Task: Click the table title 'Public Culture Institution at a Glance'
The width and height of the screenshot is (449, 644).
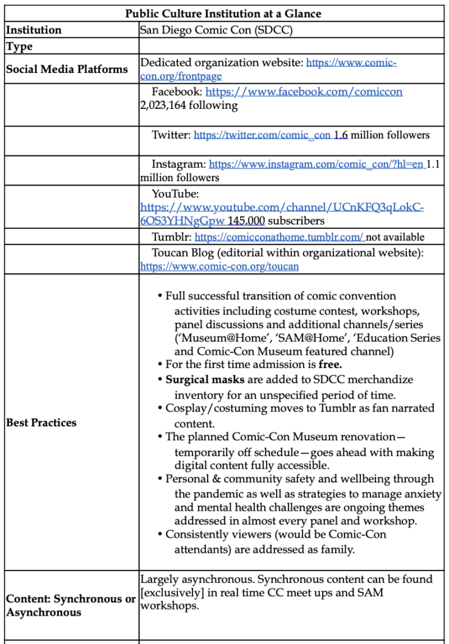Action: coord(224,14)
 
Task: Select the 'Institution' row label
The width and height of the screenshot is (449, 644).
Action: coord(34,30)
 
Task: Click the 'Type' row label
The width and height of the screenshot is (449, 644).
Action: coord(19,46)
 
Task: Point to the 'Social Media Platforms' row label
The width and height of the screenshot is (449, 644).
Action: coord(67,69)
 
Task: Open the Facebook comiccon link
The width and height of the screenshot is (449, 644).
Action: coord(304,92)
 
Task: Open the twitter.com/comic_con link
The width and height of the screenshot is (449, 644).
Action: coord(262,135)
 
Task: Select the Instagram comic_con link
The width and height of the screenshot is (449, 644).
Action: coord(316,164)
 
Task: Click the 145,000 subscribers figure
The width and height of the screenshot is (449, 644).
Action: coord(247,221)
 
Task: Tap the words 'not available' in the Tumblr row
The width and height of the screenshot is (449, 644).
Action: coord(396,237)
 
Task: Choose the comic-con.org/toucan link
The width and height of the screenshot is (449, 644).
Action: coord(219,266)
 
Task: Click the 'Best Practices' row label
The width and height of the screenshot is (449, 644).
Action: coord(42,423)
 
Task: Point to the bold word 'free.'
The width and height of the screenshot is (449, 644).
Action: coord(331,364)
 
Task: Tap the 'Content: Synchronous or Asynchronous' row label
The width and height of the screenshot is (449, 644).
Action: coord(70,606)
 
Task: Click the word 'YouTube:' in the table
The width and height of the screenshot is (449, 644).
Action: coord(175,194)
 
